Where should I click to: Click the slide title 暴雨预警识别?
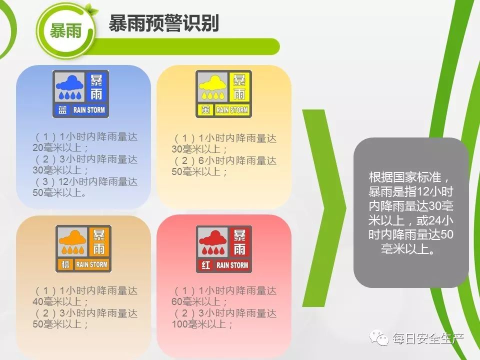tap(164, 23)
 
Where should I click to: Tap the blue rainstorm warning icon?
tap(80, 94)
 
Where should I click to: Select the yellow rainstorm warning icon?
tap(223, 94)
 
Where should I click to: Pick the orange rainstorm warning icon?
tap(83, 248)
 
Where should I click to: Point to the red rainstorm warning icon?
tap(223, 248)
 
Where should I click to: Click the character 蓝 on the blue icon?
tap(63, 110)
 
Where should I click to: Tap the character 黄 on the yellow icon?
tap(205, 110)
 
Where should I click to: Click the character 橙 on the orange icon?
tap(65, 264)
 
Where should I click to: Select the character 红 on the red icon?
tap(205, 264)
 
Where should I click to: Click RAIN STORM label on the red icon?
tap(232, 265)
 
